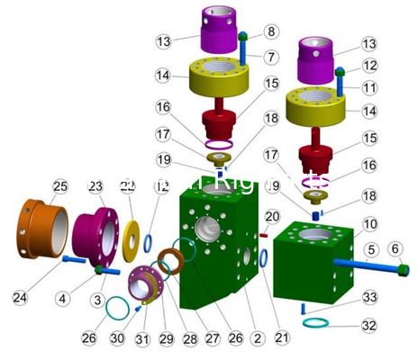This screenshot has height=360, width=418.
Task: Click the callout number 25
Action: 59,186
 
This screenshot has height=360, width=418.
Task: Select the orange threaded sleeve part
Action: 42,222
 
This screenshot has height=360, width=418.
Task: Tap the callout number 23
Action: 96,186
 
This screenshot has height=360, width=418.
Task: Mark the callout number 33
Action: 272,31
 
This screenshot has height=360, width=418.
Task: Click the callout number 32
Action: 370,325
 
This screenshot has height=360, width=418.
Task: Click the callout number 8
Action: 272,31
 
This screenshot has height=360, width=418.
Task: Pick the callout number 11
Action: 370,88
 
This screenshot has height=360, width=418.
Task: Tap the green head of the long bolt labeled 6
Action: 403,269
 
